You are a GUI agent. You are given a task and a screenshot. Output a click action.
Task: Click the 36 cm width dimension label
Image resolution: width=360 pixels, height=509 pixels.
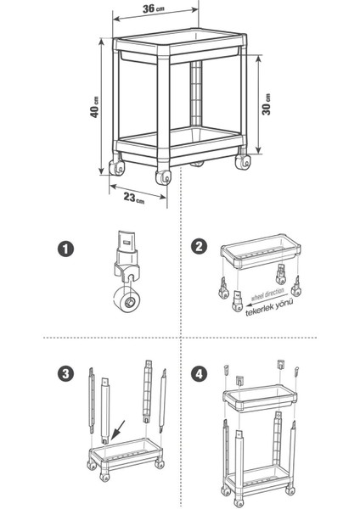pyautogui.click(x=154, y=8)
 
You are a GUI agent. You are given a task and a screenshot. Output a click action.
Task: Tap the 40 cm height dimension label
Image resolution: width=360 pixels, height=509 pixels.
pyautogui.click(x=95, y=107)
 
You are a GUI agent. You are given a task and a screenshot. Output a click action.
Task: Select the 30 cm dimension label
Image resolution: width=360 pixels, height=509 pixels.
pyautogui.click(x=267, y=104)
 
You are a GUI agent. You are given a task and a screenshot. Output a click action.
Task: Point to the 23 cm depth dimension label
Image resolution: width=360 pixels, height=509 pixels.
pyautogui.click(x=134, y=198)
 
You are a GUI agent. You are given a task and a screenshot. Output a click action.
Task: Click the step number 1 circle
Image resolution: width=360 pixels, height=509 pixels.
pyautogui.click(x=65, y=249)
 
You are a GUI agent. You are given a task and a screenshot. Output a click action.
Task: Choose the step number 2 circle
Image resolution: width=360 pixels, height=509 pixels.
pyautogui.click(x=199, y=246)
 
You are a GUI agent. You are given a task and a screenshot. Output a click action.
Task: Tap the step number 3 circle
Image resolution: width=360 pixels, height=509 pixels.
pyautogui.click(x=65, y=373)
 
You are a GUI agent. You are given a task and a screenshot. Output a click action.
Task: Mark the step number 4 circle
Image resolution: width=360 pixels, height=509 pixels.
pyautogui.click(x=199, y=374)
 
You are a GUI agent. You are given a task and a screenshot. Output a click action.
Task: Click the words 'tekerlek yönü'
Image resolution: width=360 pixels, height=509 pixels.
pyautogui.click(x=269, y=308)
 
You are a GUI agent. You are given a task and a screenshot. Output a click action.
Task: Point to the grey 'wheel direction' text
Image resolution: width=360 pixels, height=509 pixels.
pyautogui.click(x=267, y=294)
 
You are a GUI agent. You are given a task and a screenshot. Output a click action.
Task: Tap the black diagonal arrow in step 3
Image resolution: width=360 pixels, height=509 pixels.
pyautogui.click(x=118, y=430)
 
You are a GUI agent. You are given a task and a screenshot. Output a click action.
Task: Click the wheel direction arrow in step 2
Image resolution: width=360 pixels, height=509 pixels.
pyautogui.click(x=262, y=301)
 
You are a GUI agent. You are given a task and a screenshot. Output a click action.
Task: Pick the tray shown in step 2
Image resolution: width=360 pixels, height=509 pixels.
pyautogui.click(x=261, y=251)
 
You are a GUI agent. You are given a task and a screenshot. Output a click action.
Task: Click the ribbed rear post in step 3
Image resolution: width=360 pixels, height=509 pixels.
pyautogui.click(x=148, y=391)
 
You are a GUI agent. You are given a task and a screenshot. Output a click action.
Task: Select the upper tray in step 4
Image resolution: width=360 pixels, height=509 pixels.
pyautogui.click(x=260, y=398)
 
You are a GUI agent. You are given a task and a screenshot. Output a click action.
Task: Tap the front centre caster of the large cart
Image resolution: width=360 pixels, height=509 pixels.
pyautogui.click(x=163, y=177)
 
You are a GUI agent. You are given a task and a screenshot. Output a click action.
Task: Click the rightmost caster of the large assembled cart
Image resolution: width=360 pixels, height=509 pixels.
pyautogui.click(x=243, y=161)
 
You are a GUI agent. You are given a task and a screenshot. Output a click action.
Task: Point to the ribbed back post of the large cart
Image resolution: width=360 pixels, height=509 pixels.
pyautogui.click(x=196, y=93)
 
